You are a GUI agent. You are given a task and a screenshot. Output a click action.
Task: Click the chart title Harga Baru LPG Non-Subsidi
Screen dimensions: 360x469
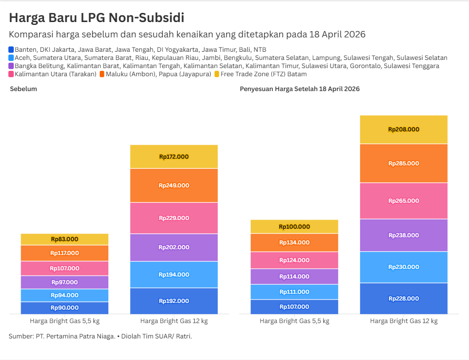[96, 18]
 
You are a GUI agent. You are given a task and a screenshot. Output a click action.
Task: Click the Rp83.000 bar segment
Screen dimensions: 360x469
[65, 239]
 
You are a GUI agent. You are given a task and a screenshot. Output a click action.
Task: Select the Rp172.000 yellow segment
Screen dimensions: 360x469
[174, 157]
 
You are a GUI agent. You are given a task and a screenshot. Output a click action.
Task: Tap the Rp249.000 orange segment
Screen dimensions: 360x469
[174, 186]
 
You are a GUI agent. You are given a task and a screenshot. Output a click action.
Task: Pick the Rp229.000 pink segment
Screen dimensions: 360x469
[174, 218]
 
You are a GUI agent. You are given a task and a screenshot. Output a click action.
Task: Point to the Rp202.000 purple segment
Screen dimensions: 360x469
[174, 247]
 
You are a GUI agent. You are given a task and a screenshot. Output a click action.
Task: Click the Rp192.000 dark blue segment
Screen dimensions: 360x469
[174, 301]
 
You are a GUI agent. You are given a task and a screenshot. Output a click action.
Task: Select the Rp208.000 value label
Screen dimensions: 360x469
[404, 129]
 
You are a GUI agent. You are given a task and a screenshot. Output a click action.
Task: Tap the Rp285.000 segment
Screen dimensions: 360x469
[404, 163]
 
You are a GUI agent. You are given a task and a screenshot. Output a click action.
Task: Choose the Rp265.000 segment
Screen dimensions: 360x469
[404, 201]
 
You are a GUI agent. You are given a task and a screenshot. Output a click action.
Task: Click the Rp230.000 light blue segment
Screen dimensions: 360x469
[404, 267]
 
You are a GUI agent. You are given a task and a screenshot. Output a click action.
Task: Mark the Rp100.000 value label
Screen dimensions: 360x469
[294, 227]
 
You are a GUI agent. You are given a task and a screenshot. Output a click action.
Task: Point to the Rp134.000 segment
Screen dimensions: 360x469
[294, 243]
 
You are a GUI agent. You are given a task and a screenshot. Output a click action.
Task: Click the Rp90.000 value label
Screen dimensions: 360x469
[65, 308]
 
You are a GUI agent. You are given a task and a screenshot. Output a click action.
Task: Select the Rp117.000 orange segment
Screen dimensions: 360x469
[65, 253]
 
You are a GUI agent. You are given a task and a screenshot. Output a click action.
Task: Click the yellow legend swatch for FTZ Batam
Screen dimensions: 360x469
[217, 74]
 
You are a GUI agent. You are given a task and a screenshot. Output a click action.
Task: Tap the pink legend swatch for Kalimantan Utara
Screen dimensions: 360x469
[12, 74]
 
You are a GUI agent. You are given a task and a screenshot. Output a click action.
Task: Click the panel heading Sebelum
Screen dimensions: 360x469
[23, 89]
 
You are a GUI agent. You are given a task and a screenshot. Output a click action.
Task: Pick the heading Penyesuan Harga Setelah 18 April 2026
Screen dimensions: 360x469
[300, 89]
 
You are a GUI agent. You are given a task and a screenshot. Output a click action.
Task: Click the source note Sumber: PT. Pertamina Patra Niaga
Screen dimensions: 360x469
[62, 337]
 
